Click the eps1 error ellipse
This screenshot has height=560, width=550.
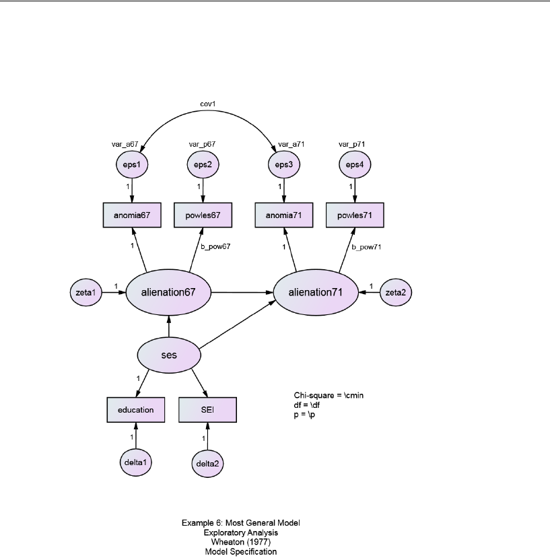pyautogui.click(x=132, y=165)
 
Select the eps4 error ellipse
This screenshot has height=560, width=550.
pyautogui.click(x=355, y=165)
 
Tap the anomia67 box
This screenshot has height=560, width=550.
pyautogui.click(x=132, y=216)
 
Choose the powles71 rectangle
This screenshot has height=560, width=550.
pyautogui.click(x=355, y=216)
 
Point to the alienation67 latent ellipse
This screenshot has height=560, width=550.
pyautogui.click(x=168, y=292)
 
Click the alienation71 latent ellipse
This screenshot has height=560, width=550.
pyautogui.click(x=316, y=292)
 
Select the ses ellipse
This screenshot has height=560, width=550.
pyautogui.click(x=170, y=354)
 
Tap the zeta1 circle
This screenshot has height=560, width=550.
pyautogui.click(x=85, y=292)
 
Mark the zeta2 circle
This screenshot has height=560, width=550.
pyautogui.click(x=397, y=292)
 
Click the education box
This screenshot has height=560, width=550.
pyautogui.click(x=136, y=409)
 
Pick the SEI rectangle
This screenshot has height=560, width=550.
pyautogui.click(x=207, y=409)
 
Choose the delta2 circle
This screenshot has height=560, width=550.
pyautogui.click(x=207, y=463)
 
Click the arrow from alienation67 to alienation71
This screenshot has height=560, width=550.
pyautogui.click(x=242, y=292)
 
